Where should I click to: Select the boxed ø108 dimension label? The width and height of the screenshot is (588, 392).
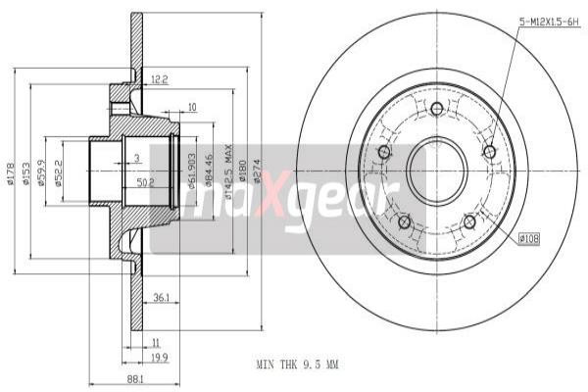529,238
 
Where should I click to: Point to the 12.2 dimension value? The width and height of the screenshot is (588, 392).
160,78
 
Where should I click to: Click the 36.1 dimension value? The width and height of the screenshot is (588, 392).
164,298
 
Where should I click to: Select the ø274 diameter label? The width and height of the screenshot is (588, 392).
258,171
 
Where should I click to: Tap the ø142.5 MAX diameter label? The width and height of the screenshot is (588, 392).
228,174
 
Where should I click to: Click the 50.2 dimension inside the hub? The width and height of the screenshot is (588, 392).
145,182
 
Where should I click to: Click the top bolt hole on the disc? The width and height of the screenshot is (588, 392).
437,108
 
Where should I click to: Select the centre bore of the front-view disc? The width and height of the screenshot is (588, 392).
437,168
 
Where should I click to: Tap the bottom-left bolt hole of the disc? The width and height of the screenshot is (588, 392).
404,221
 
